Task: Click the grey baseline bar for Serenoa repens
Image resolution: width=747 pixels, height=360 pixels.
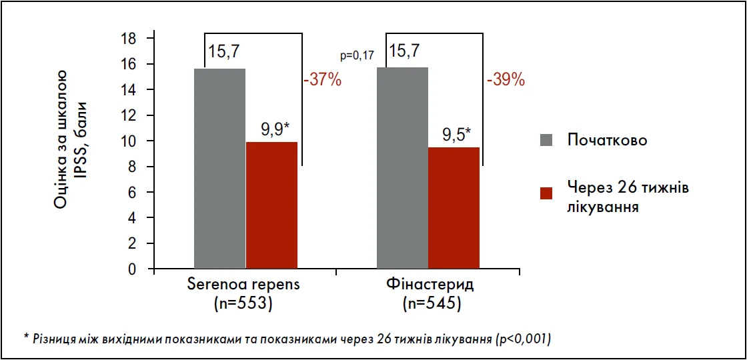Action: coord(219,169)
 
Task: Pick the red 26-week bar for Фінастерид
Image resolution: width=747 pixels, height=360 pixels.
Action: coord(454,208)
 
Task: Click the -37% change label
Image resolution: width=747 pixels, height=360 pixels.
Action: coord(322,81)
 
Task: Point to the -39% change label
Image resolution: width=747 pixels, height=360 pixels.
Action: coord(506,81)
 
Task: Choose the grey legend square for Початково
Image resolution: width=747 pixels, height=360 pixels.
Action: coord(547,140)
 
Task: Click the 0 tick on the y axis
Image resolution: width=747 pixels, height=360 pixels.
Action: coord(132,270)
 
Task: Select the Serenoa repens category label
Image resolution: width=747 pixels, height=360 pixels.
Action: coord(242,285)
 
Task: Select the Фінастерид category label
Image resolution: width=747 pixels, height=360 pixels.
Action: coord(430,285)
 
